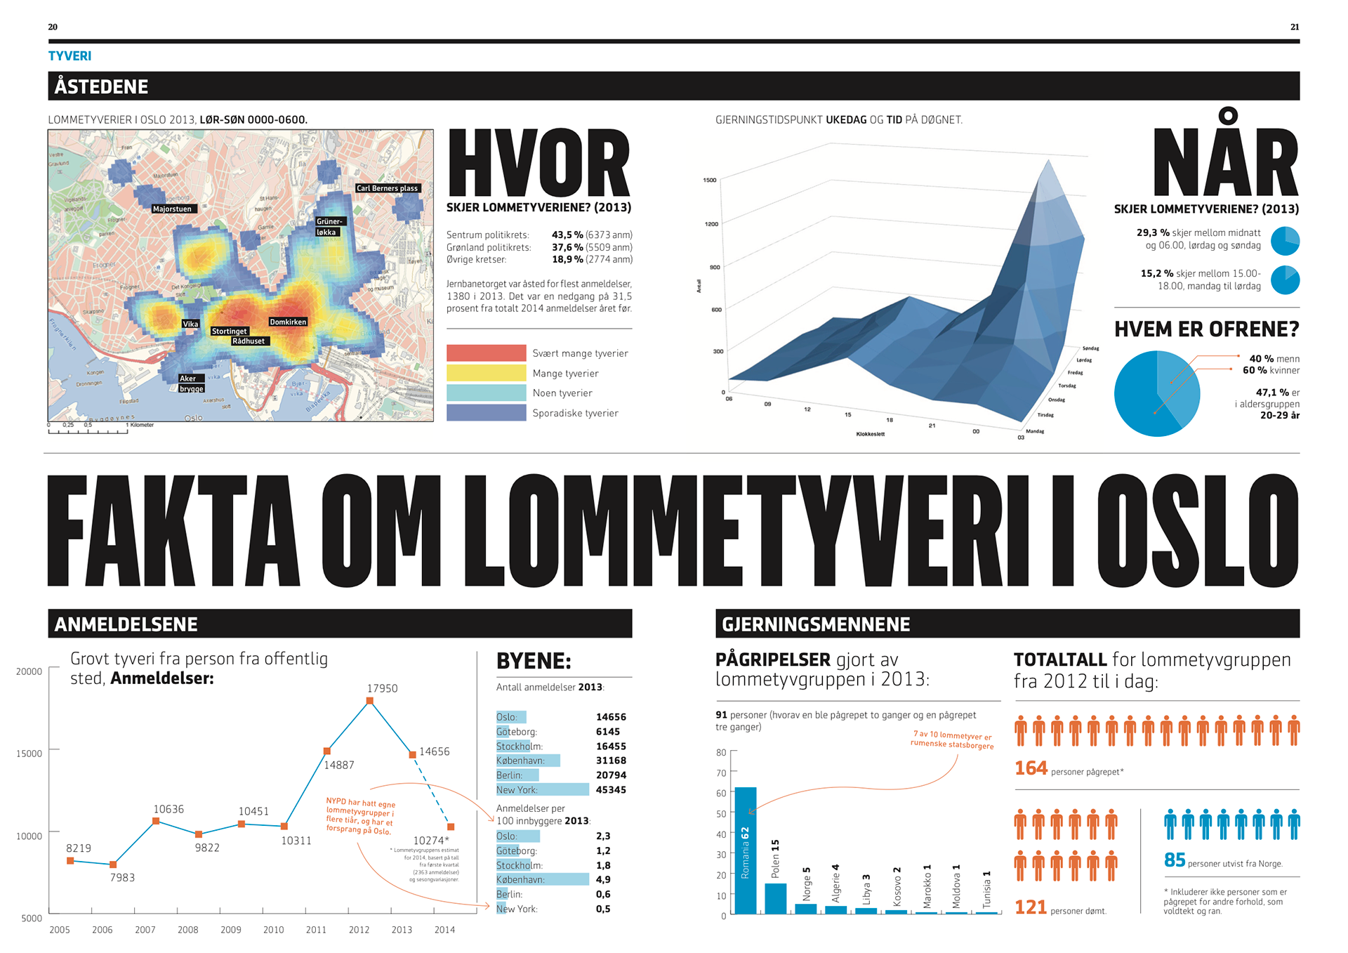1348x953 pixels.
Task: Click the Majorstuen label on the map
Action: tap(172, 209)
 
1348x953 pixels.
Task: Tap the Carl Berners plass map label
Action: tap(387, 188)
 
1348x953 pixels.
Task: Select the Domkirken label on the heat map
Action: tap(288, 322)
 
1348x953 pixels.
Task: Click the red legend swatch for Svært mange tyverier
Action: tap(486, 353)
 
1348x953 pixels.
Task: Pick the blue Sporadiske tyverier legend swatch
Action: tap(486, 412)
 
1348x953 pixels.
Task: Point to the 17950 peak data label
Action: tap(382, 688)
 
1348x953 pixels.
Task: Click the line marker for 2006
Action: tap(113, 865)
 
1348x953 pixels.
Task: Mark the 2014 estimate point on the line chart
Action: tap(451, 827)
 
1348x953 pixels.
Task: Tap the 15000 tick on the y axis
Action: tap(29, 754)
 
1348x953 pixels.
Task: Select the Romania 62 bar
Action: tap(746, 850)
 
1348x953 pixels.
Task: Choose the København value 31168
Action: tap(611, 761)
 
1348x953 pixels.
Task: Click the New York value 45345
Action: tap(611, 790)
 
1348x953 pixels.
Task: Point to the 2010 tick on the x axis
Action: tap(273, 930)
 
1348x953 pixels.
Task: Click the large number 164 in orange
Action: tap(1031, 768)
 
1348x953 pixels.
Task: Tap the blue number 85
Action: tap(1175, 860)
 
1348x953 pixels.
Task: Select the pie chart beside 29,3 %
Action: tap(1285, 241)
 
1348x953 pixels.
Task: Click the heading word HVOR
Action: tap(538, 163)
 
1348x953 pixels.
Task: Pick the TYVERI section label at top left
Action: tap(70, 56)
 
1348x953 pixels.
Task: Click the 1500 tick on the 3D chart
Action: tap(710, 180)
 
